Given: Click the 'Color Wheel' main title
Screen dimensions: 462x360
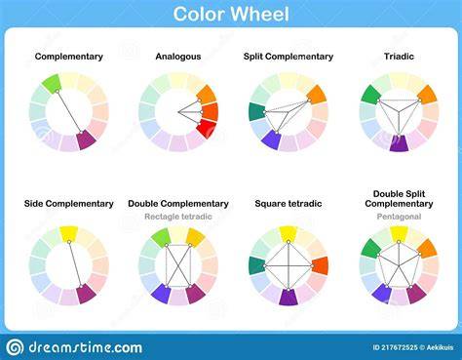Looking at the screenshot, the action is [x=231, y=14].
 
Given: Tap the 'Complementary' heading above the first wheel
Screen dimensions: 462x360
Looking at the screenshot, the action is [x=69, y=57].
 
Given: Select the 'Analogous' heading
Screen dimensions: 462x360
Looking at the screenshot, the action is [x=178, y=57].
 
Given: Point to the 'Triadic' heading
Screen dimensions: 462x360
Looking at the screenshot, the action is [x=399, y=57].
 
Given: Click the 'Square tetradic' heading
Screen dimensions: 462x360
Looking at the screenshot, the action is [x=289, y=204].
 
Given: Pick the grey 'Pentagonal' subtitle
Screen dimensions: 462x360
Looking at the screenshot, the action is [x=399, y=217].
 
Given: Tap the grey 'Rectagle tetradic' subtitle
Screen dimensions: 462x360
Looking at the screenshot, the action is [x=178, y=217].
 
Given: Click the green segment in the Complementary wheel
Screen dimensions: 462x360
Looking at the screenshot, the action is [x=52, y=84].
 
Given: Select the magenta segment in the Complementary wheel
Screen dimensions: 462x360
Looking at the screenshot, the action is [x=86, y=140].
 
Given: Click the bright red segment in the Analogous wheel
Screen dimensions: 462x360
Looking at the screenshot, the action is [x=207, y=129].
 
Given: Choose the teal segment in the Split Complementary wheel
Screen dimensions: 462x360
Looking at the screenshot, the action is [x=257, y=112].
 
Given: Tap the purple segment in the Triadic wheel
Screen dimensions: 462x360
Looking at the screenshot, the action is [x=399, y=143].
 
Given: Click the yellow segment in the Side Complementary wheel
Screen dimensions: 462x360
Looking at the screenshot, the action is [x=69, y=233].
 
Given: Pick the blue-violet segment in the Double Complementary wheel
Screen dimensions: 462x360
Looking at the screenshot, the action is [x=161, y=294].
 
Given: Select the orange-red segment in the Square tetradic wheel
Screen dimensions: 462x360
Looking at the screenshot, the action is [x=320, y=265].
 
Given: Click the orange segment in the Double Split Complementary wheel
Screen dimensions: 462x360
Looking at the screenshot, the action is [x=427, y=249].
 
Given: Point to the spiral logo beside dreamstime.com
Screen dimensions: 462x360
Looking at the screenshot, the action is [x=15, y=347].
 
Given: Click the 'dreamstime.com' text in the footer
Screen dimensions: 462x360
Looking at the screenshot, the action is [x=86, y=347].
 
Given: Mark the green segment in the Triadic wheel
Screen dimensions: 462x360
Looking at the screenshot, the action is [x=371, y=95].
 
